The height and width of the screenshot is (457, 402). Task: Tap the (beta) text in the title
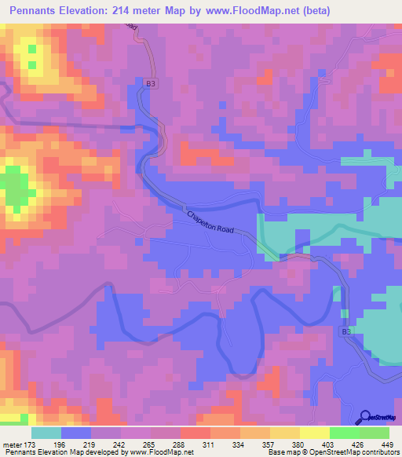point(312,11)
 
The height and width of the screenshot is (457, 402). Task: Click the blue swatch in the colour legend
point(76,433)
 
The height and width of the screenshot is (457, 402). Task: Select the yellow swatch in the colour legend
point(285,433)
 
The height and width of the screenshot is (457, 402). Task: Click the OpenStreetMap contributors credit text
point(360,453)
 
